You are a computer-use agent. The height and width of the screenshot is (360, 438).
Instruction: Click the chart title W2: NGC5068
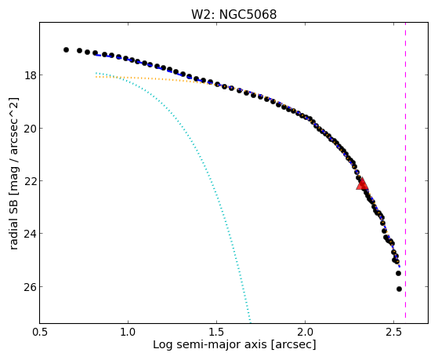[x=233, y=14]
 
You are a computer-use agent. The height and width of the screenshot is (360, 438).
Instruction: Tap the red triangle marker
[x=362, y=184]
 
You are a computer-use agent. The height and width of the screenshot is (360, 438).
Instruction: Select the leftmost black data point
[x=66, y=49]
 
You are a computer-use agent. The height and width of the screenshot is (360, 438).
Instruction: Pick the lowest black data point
[x=399, y=289]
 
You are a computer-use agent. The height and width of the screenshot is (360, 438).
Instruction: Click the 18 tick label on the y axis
[x=30, y=75]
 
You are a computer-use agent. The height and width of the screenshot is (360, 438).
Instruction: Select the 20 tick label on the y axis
[x=30, y=129]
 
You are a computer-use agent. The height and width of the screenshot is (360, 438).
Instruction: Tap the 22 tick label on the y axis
[x=30, y=180]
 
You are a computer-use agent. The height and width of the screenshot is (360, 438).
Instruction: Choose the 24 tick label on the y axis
[x=30, y=233]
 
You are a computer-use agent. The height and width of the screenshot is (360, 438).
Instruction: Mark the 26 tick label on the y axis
[x=30, y=287]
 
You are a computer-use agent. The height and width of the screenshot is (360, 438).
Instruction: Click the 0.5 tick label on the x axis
[x=40, y=332]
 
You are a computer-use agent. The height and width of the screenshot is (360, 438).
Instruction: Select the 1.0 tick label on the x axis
[x=128, y=332]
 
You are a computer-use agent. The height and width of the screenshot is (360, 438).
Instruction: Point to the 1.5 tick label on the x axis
[x=216, y=332]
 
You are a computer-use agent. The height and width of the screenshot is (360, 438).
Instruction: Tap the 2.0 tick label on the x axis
[x=305, y=332]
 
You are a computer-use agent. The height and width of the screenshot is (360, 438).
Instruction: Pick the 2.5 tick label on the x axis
[x=393, y=332]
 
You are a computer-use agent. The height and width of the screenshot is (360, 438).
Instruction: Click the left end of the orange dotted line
[x=96, y=77]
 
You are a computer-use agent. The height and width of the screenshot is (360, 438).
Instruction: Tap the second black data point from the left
[x=80, y=51]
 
